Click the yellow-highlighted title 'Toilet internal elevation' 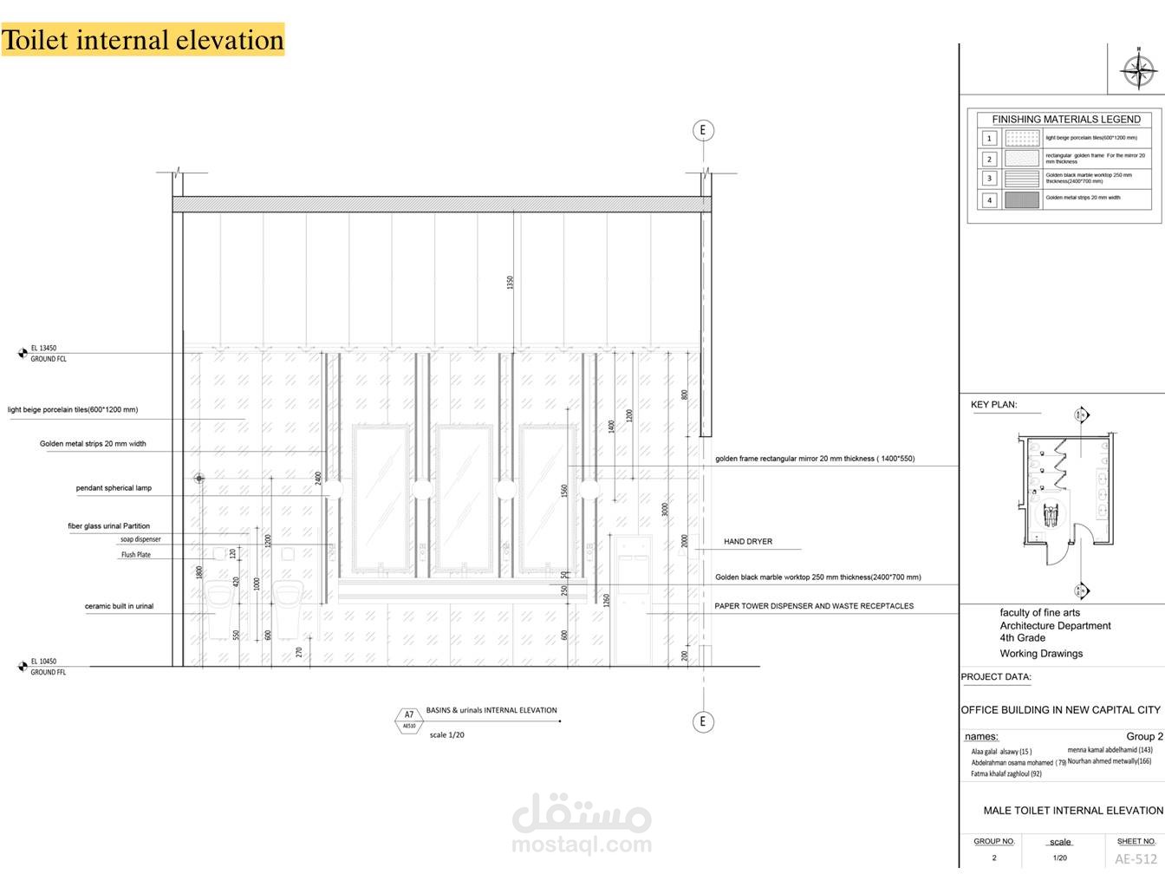click(x=143, y=40)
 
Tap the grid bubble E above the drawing click(x=703, y=131)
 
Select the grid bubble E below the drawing click(x=703, y=721)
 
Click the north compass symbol click(x=1138, y=70)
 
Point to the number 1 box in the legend click(x=989, y=138)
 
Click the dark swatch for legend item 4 click(x=1022, y=199)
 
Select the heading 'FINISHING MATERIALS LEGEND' click(x=1066, y=120)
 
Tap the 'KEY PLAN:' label click(x=993, y=405)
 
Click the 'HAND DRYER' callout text click(x=748, y=542)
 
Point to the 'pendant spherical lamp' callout click(x=114, y=488)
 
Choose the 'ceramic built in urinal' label click(x=119, y=606)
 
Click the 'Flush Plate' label click(x=135, y=555)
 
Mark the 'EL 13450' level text click(x=43, y=349)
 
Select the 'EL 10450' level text click(x=43, y=662)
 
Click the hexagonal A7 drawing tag click(x=409, y=720)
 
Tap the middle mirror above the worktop click(x=464, y=498)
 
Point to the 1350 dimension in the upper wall click(x=511, y=283)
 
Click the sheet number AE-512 click(x=1136, y=859)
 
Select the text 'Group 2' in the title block click(x=1144, y=736)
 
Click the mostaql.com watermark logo click(x=581, y=825)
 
